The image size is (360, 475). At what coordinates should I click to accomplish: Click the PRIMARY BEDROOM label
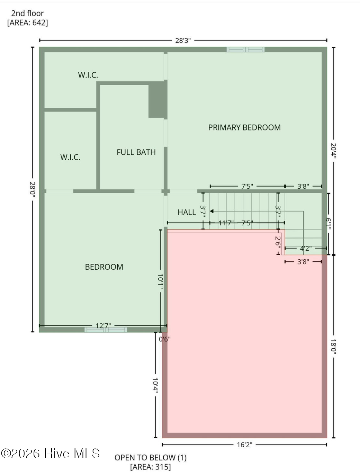point(244,127)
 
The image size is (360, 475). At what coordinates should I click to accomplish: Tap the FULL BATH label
point(136,152)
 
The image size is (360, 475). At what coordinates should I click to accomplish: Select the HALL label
point(187,212)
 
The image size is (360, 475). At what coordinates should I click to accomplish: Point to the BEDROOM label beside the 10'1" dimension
point(104,267)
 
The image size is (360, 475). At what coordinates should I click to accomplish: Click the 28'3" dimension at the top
point(183,41)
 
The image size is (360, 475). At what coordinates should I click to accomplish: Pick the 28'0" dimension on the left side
point(33,189)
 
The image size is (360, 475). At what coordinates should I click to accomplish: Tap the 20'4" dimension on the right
point(333,151)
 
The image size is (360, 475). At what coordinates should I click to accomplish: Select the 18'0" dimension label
point(333,347)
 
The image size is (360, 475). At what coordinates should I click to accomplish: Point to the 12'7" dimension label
point(103,325)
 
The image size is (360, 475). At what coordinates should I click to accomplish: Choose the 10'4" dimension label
point(155,385)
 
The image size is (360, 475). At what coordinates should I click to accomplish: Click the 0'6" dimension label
point(165,339)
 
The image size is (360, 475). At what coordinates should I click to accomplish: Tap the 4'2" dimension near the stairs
point(306,248)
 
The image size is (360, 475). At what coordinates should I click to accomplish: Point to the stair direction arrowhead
point(211,211)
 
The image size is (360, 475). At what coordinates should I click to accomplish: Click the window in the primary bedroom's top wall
point(245,50)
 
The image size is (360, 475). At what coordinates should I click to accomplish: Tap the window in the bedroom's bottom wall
point(106,330)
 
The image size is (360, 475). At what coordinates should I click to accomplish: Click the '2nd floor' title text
point(27,14)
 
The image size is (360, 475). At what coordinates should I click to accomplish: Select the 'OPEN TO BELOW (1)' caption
point(150,457)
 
